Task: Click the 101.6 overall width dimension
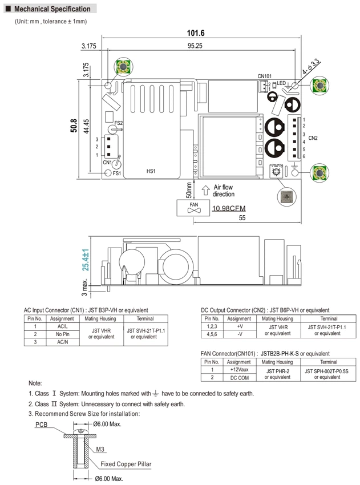[196, 33]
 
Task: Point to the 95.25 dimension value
[195, 46]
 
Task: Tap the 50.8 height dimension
[74, 126]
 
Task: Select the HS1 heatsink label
[151, 171]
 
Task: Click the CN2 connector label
[313, 138]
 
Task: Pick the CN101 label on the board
[264, 76]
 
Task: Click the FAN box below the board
[193, 208]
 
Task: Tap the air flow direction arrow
[205, 190]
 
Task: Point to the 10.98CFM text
[229, 208]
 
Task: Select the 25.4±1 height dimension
[86, 260]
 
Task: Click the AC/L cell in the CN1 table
[63, 326]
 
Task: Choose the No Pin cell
[63, 334]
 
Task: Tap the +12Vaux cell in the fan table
[240, 370]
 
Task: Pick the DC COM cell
[240, 378]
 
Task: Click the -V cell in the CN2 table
[240, 334]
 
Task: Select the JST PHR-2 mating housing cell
[277, 374]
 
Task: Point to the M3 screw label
[100, 449]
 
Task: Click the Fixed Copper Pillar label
[126, 464]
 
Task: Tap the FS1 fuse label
[117, 173]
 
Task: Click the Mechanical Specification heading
[52, 9]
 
